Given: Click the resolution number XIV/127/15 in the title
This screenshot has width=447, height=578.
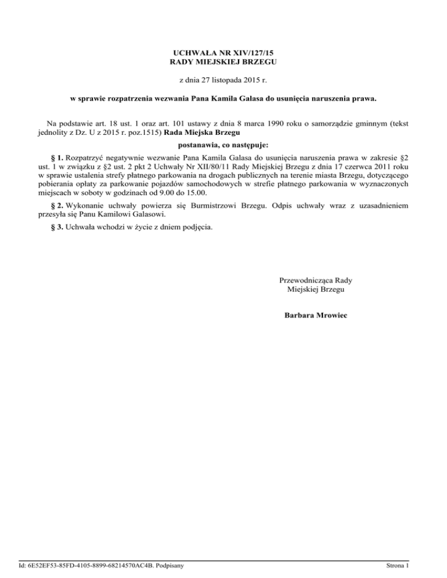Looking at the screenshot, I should [x=245, y=52].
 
